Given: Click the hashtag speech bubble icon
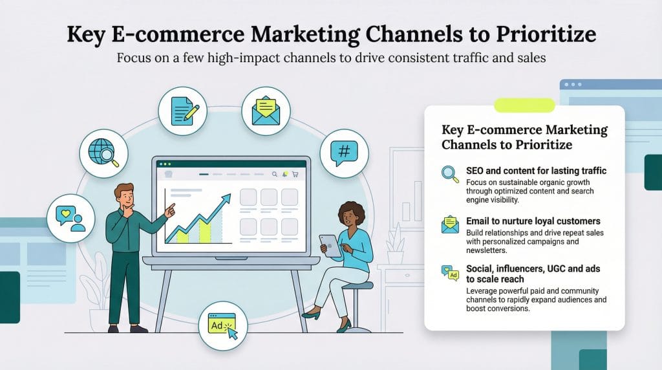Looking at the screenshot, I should point(344,153).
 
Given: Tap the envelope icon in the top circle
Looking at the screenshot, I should point(266,111).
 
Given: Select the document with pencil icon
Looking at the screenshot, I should point(182,111).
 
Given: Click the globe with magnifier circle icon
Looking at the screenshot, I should point(103,153).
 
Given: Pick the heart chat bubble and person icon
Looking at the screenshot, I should point(71,218).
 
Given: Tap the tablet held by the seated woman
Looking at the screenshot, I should point(330,245).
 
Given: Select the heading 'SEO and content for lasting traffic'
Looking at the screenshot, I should point(535,171).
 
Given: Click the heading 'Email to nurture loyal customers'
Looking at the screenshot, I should point(533,221).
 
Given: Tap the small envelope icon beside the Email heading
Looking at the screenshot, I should point(449,224).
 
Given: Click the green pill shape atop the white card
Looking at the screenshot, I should point(524,105).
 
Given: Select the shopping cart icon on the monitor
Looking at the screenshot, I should point(295,174).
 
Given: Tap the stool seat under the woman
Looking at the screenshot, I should point(357,285).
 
